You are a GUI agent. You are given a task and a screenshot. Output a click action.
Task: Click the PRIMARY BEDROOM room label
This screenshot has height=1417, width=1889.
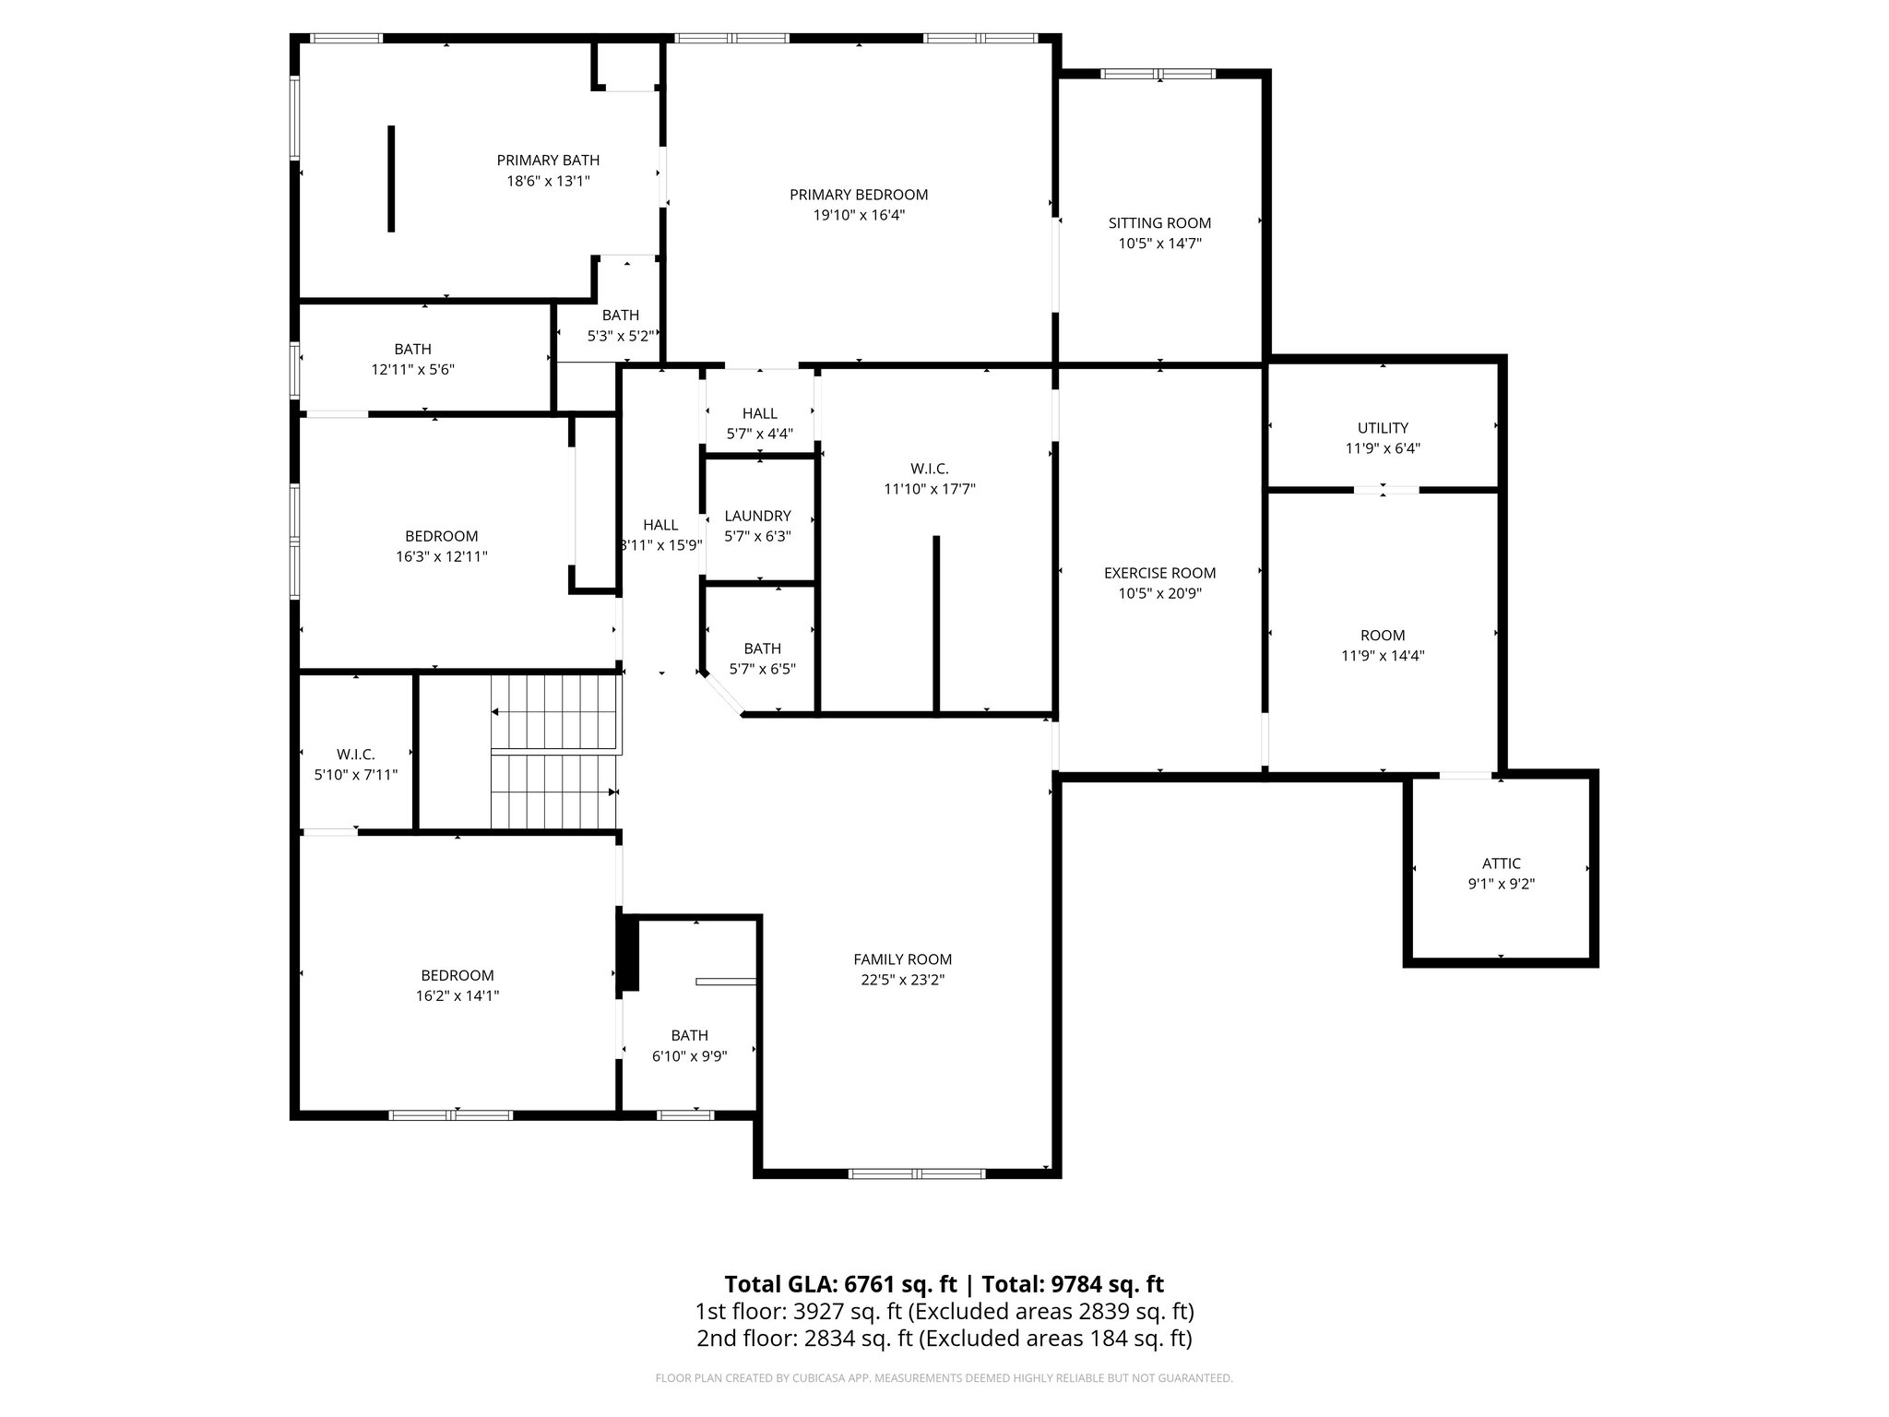(x=858, y=195)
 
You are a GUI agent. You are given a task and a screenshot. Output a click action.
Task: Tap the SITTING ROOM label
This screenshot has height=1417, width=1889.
(x=1159, y=223)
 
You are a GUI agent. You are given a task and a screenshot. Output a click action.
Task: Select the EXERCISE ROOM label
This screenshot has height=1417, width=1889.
(x=1159, y=573)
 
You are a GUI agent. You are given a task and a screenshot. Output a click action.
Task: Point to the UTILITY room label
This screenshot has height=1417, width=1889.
(x=1382, y=428)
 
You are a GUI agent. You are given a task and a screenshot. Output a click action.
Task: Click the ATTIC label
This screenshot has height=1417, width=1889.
(x=1501, y=863)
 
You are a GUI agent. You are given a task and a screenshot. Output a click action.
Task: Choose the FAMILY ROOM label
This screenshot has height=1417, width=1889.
(x=902, y=959)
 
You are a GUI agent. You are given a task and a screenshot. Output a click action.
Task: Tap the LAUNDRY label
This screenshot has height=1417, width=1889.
(x=757, y=516)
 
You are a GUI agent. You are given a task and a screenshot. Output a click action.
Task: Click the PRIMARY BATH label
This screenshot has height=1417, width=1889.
(x=548, y=161)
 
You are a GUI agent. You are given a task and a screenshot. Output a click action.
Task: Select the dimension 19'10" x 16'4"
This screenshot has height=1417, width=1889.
(x=858, y=215)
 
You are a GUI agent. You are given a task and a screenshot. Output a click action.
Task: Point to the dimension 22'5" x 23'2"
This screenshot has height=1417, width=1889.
(x=902, y=980)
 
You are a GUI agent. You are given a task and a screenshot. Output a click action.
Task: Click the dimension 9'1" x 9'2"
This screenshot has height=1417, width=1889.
(x=1501, y=884)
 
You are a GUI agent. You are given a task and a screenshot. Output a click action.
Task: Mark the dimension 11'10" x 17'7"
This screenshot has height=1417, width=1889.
(x=929, y=490)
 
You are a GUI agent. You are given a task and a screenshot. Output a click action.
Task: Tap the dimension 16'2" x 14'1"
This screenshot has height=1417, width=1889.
(x=457, y=995)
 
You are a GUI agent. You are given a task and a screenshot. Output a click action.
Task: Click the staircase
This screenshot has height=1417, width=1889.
(x=552, y=752)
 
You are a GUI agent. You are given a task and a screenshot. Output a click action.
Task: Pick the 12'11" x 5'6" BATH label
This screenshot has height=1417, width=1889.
(x=412, y=350)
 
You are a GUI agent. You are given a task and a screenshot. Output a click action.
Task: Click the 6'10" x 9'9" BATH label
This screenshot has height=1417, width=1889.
(x=689, y=1036)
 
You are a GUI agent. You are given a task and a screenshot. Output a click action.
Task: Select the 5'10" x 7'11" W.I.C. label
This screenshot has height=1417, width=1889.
(x=355, y=755)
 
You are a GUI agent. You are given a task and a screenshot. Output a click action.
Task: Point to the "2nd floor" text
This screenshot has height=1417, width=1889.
(x=731, y=1338)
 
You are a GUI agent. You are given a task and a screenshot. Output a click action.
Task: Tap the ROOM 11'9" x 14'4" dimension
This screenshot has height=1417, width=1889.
(x=1382, y=656)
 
